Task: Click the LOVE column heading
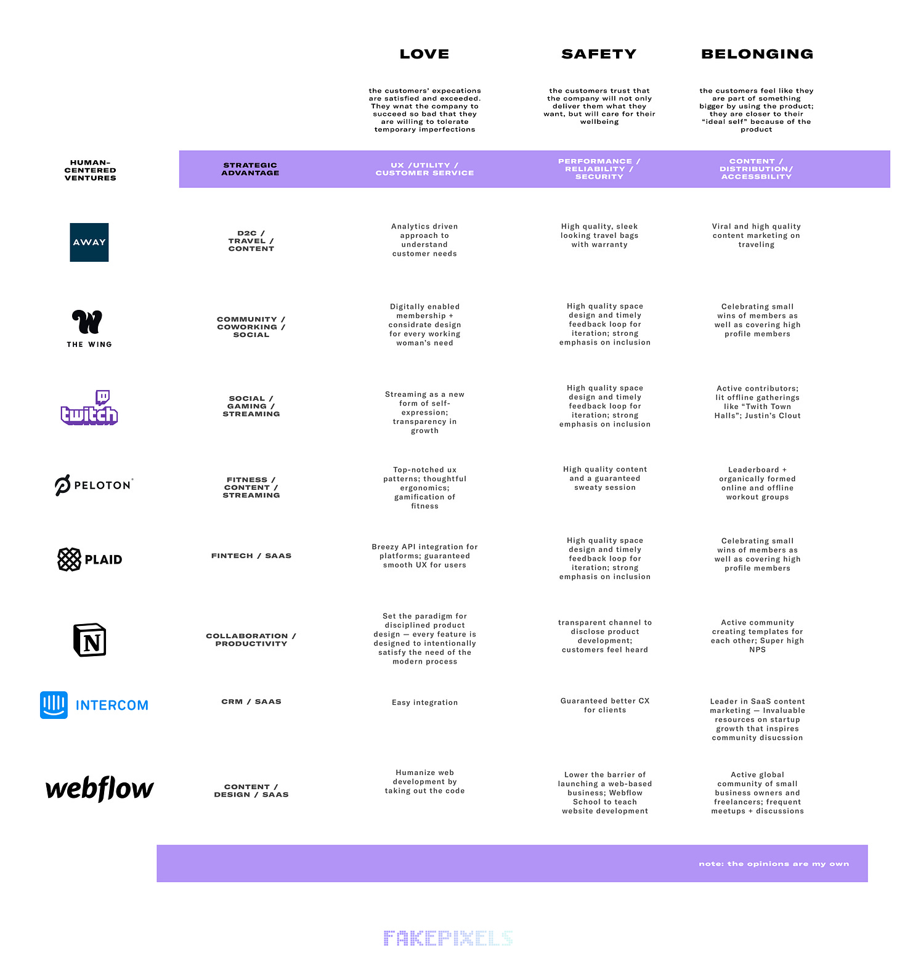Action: tap(424, 54)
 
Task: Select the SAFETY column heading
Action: tap(599, 54)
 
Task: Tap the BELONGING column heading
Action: tap(757, 54)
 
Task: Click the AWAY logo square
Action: tap(89, 242)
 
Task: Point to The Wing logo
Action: tap(89, 328)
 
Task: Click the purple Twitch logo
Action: tap(89, 407)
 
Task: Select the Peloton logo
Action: tap(94, 485)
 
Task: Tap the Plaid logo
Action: tap(90, 559)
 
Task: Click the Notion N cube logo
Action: tap(90, 639)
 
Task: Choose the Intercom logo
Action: tap(94, 705)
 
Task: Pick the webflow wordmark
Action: tap(100, 789)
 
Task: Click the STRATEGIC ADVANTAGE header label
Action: tap(250, 169)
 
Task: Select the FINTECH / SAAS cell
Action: tap(251, 556)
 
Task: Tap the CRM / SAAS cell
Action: tap(251, 702)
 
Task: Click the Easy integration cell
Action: tap(425, 702)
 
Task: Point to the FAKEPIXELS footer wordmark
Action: tap(448, 938)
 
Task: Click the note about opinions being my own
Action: tap(774, 864)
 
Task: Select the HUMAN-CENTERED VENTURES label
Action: tap(91, 171)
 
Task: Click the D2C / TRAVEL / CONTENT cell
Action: tap(251, 241)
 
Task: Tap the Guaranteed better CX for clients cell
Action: tap(605, 705)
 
